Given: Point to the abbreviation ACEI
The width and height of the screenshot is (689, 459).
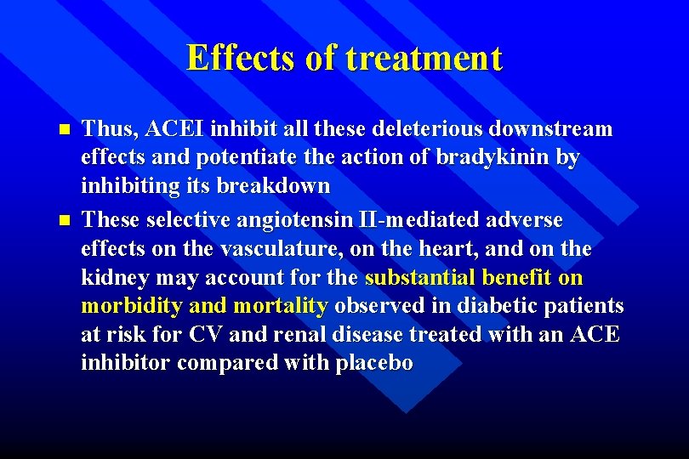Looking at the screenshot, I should click(177, 129).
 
